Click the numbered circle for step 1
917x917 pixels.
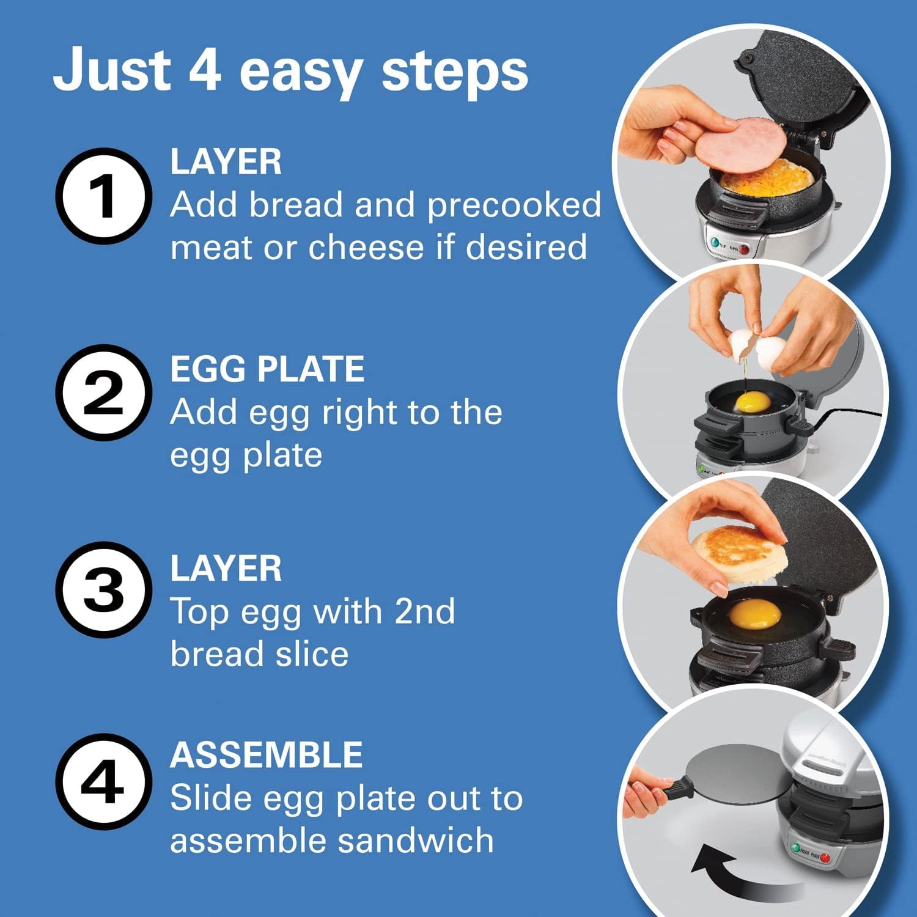tap(103, 196)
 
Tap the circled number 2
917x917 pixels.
tap(103, 392)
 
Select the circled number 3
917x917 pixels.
tap(103, 590)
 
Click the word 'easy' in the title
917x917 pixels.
tap(300, 72)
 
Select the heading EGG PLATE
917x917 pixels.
tap(267, 369)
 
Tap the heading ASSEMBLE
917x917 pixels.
tap(267, 754)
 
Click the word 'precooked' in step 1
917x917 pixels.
tap(514, 205)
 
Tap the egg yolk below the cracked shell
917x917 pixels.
tap(753, 402)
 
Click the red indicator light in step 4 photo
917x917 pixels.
tap(825, 858)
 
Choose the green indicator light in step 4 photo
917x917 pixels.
tap(795, 849)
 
